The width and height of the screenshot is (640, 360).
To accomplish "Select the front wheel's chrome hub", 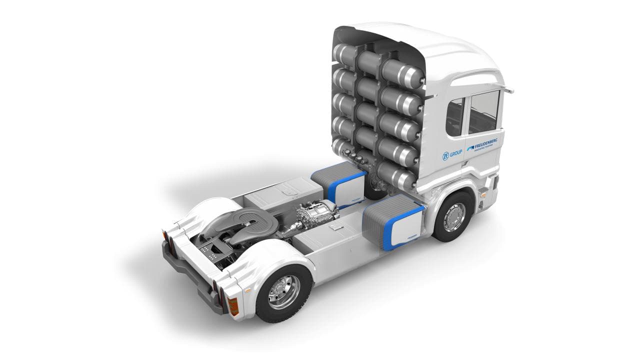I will [x=454, y=216].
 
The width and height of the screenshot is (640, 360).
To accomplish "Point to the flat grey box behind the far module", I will [x=282, y=192].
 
